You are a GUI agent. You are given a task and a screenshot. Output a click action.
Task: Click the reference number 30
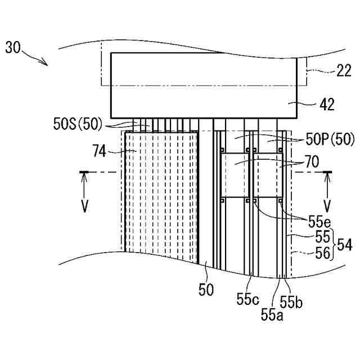[13, 47]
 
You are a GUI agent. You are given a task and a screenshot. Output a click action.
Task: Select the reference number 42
[327, 104]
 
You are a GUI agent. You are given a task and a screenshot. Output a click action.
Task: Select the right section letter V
[327, 205]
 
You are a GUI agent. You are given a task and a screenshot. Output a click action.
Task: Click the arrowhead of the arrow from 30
[46, 64]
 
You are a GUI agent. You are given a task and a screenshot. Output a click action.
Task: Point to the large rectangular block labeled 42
[204, 84]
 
